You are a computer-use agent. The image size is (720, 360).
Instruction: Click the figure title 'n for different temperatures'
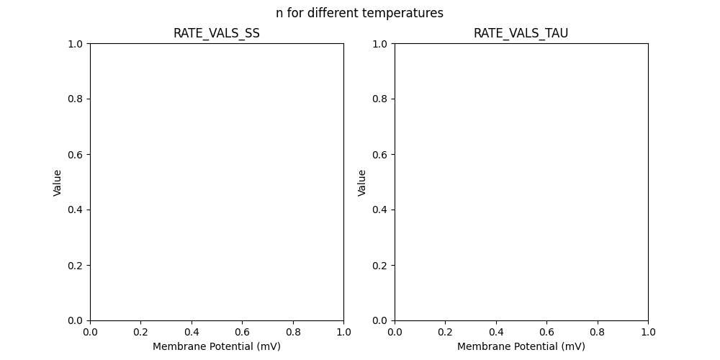click(359, 13)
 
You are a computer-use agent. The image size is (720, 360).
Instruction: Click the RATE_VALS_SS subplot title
click(216, 33)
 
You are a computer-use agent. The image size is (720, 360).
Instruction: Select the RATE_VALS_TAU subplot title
click(521, 33)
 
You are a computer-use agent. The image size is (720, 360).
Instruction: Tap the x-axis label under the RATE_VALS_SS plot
click(216, 346)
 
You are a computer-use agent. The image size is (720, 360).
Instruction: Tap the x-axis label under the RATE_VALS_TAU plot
click(521, 346)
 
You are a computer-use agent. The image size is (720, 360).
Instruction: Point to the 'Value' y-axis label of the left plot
click(58, 182)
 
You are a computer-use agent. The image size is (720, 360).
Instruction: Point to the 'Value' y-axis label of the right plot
click(362, 182)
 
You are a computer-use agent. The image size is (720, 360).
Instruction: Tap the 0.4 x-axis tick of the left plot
click(192, 333)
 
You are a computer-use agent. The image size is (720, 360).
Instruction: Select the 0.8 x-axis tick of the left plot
click(293, 333)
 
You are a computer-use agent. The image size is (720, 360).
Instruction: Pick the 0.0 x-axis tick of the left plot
click(90, 333)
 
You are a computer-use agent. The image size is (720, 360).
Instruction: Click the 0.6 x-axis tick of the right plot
click(546, 333)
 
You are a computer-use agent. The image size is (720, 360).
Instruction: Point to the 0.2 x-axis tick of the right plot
click(445, 333)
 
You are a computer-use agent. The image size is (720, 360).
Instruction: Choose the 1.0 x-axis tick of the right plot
click(648, 333)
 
